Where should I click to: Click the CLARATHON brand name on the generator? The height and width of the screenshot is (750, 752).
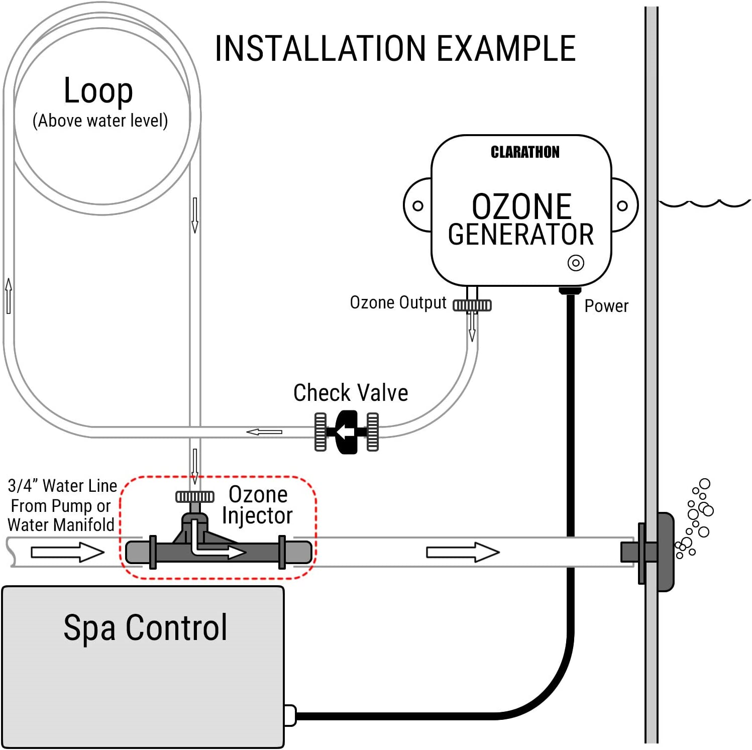(x=524, y=152)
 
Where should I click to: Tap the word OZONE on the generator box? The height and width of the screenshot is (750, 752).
(x=521, y=206)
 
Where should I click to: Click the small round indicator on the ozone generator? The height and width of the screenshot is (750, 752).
(x=576, y=263)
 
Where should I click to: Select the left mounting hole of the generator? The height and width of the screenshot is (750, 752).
(x=417, y=205)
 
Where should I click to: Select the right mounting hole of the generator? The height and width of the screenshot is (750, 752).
(x=622, y=205)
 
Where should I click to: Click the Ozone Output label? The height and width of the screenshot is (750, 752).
(x=398, y=303)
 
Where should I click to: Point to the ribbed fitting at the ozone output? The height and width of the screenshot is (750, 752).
(x=472, y=305)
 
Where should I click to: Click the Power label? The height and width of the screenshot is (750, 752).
(x=606, y=306)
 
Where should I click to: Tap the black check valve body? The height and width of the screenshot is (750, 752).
(x=347, y=432)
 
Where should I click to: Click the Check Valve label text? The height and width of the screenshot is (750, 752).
(x=351, y=393)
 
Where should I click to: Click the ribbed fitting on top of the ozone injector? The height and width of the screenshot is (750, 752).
(x=195, y=497)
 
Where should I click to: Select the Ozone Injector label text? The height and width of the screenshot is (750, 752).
(x=257, y=505)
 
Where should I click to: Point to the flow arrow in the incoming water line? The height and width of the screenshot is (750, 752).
(x=67, y=552)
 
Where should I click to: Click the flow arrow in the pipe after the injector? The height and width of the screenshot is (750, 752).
(x=462, y=552)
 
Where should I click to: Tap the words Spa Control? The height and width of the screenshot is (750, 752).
(x=145, y=627)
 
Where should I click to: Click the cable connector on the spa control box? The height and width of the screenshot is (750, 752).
(x=290, y=715)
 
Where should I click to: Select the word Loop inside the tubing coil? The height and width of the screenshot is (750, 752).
(x=98, y=91)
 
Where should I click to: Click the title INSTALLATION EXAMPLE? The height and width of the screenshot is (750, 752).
(x=395, y=49)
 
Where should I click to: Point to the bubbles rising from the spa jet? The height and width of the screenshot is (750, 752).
(x=696, y=517)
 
